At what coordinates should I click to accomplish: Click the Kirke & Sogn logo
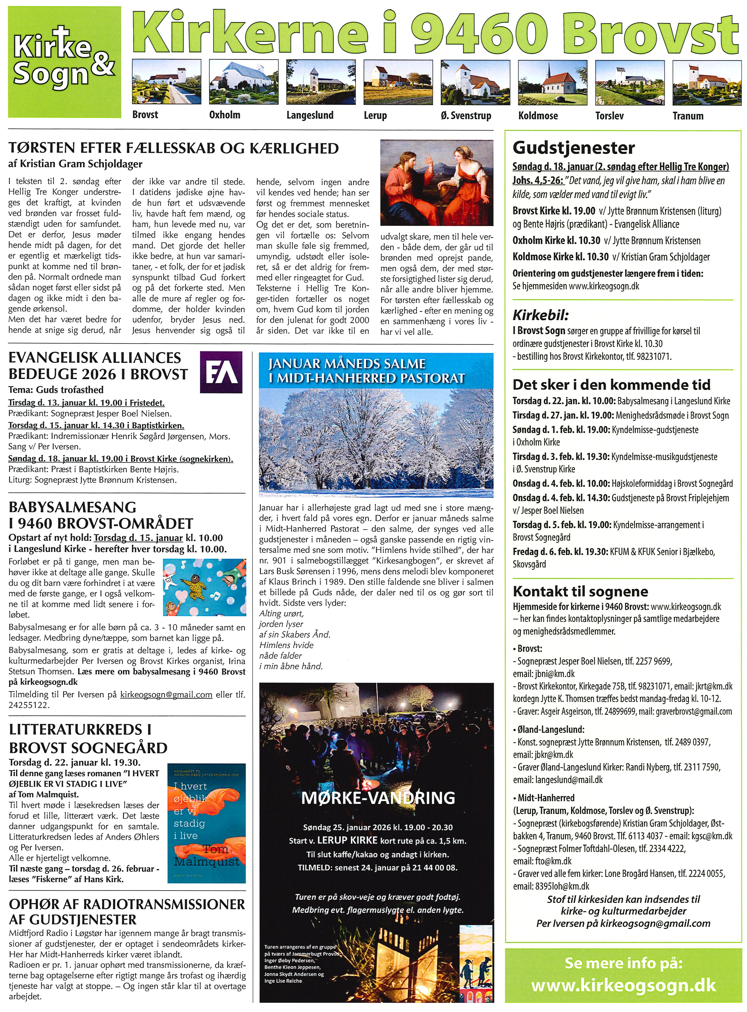pyautogui.click(x=64, y=62)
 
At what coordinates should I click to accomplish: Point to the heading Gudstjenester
pyautogui.click(x=573, y=148)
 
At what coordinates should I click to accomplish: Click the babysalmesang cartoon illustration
pyautogui.click(x=204, y=587)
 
